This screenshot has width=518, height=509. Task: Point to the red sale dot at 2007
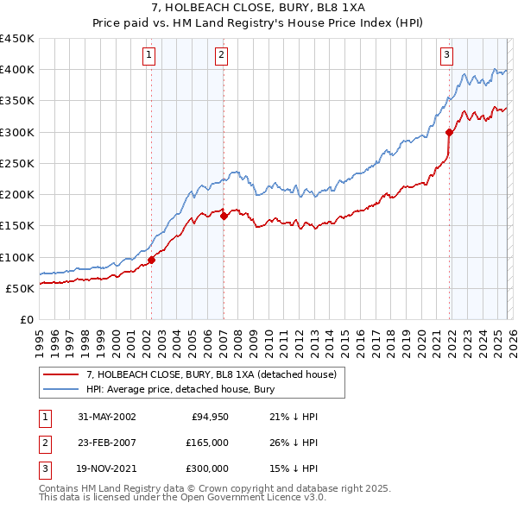pos(224,217)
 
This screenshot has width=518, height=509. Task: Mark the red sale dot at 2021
pos(449,132)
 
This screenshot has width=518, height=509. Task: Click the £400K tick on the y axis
pos(17,70)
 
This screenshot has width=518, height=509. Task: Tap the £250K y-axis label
pos(17,163)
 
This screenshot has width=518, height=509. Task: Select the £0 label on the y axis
pos(26,319)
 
